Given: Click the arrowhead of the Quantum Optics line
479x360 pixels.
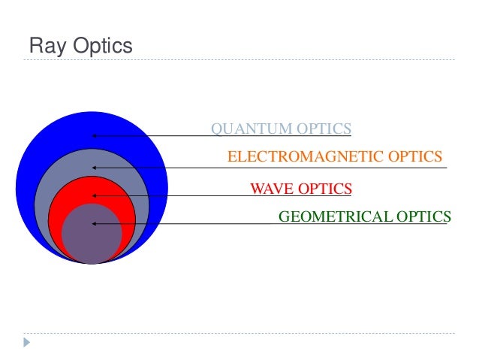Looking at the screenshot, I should (94, 136).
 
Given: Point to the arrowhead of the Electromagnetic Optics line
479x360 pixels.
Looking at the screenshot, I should (94, 167).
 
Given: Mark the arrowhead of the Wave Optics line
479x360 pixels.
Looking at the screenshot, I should (94, 195).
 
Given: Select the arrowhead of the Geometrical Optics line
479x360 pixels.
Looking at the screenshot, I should (94, 224).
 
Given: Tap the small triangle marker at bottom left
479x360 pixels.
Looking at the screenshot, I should (27, 343).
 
